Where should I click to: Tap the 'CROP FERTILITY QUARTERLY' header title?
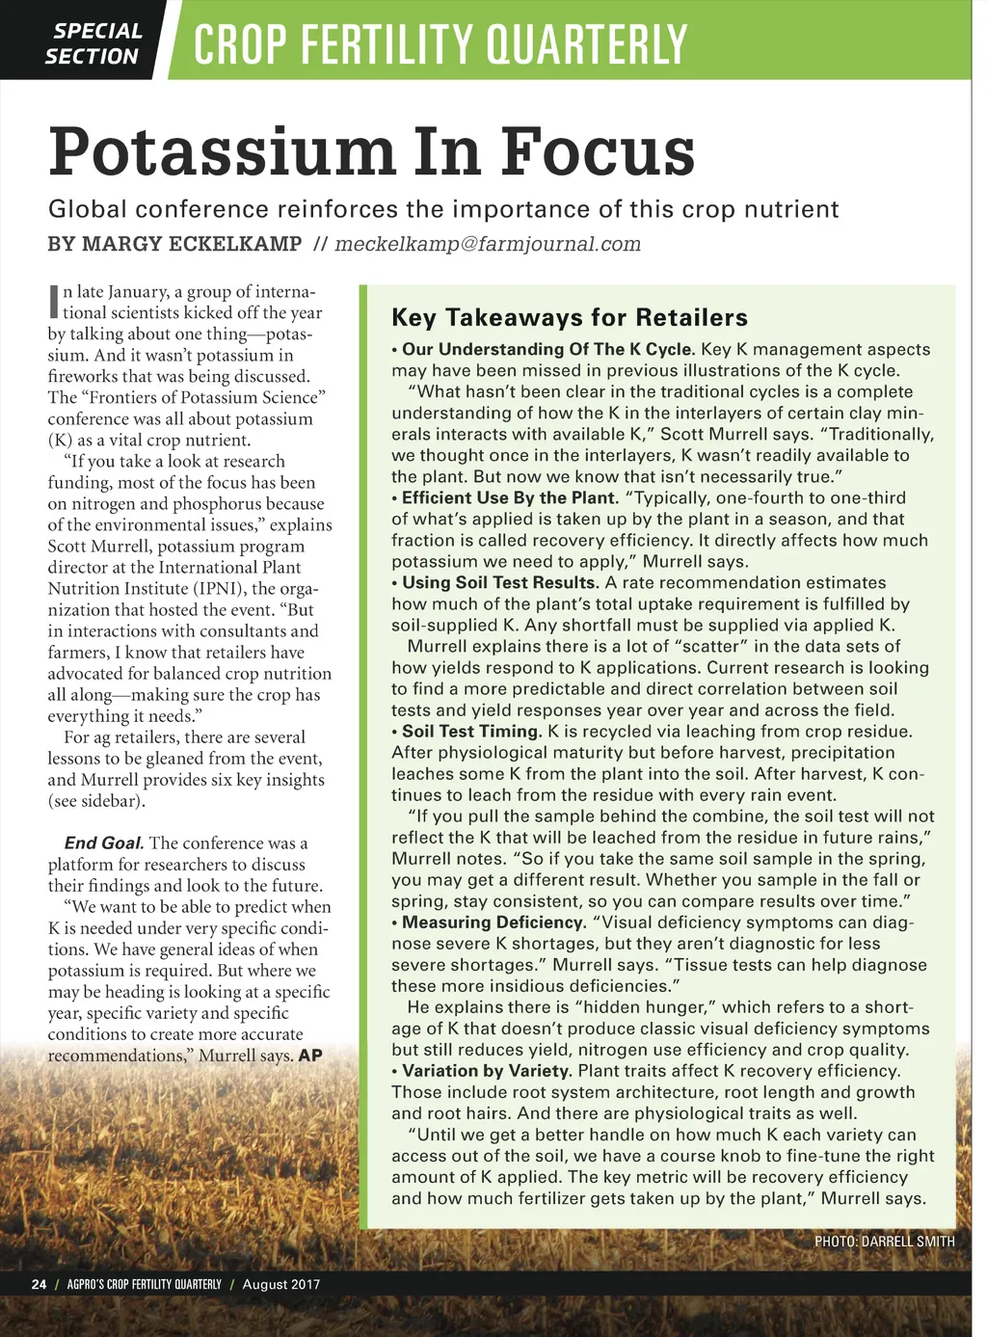(x=440, y=44)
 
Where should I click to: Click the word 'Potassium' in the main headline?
(x=221, y=151)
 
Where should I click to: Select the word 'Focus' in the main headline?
(x=598, y=151)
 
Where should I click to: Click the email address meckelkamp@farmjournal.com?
(x=487, y=244)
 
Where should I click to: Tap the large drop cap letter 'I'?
(x=54, y=302)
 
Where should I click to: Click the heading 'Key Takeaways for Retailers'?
(x=569, y=317)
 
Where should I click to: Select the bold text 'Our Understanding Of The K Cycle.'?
(x=547, y=349)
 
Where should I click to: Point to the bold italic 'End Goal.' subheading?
(x=104, y=842)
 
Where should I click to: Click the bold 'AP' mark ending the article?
(x=310, y=1055)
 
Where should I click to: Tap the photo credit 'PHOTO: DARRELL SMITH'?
(x=884, y=1241)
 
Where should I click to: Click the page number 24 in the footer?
(x=39, y=1284)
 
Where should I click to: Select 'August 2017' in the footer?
(x=281, y=1284)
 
